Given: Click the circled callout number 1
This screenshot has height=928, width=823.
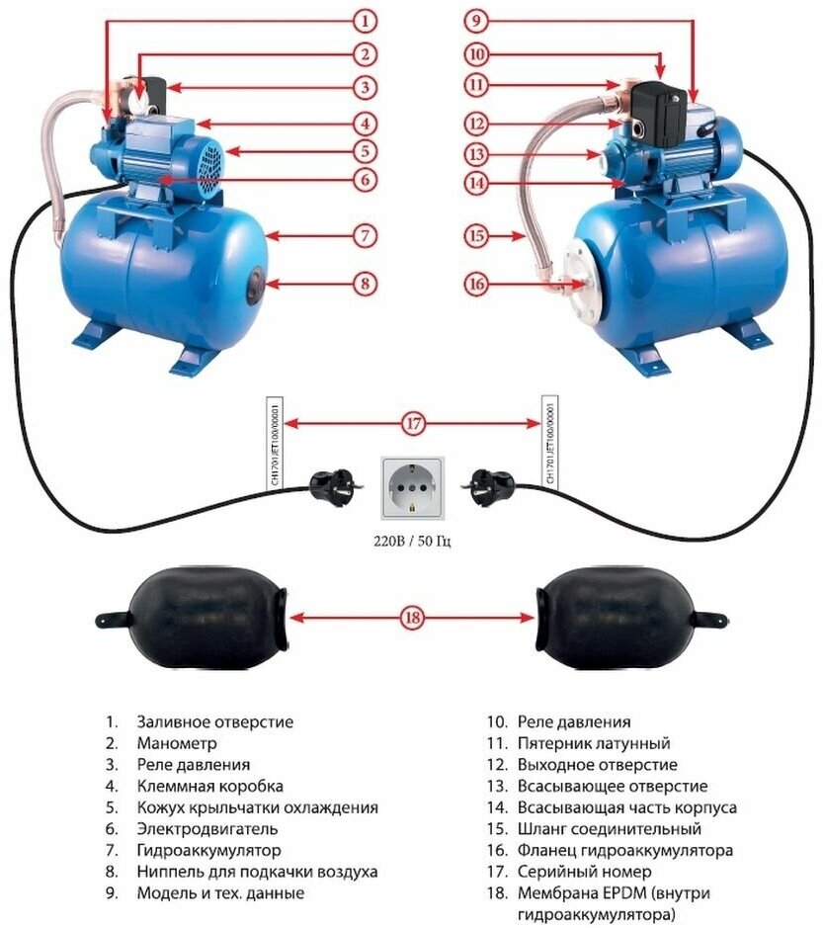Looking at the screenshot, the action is [x=365, y=20].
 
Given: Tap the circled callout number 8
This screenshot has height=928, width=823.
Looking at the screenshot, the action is [x=365, y=284].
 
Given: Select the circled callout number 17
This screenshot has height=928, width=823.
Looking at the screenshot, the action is [x=412, y=425].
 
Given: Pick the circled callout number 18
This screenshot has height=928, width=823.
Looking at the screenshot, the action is [x=412, y=619].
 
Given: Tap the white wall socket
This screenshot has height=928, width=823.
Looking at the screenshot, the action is [x=413, y=487].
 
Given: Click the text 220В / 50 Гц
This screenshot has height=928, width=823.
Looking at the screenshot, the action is [x=412, y=542].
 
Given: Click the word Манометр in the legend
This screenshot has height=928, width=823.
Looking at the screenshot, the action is [x=177, y=743].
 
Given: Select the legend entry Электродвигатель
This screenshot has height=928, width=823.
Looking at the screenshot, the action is [x=207, y=829].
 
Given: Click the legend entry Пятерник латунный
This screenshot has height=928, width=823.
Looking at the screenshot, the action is [x=593, y=743].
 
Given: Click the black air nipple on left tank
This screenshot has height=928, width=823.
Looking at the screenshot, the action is [x=257, y=284].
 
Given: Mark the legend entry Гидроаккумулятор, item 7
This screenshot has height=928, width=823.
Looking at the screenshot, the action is [x=209, y=851].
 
